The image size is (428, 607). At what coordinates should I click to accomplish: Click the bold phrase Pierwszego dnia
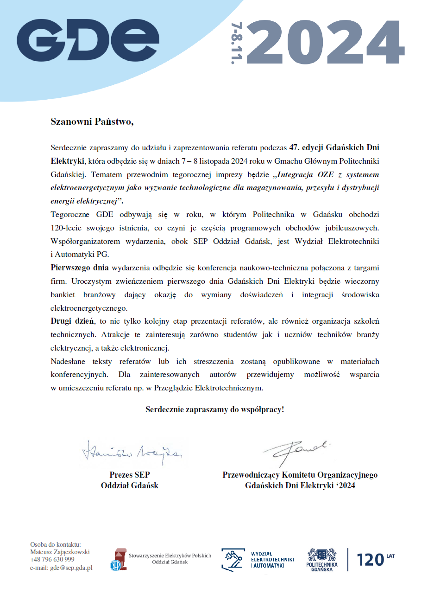pyautogui.click(x=80, y=268)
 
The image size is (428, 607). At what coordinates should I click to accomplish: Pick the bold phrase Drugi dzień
pyautogui.click(x=72, y=321)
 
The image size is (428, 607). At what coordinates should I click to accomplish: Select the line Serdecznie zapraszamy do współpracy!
pyautogui.click(x=214, y=409)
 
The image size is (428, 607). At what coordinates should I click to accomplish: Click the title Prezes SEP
pyautogui.click(x=130, y=475)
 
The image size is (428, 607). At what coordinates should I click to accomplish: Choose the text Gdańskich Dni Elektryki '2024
pyautogui.click(x=300, y=486)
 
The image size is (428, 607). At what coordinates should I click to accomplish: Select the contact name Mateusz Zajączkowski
pyautogui.click(x=60, y=552)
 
